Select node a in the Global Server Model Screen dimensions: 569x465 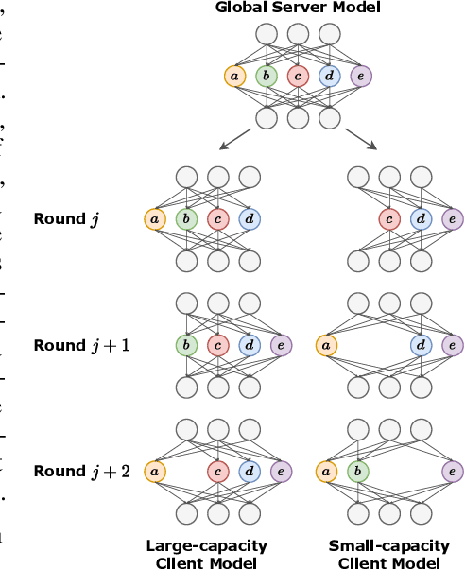(x=233, y=76)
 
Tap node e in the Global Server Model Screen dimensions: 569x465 (x=359, y=76)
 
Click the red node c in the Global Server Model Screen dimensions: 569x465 (x=297, y=76)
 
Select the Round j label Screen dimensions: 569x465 (x=66, y=219)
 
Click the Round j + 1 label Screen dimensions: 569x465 (x=80, y=345)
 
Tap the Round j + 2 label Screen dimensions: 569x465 (x=80, y=470)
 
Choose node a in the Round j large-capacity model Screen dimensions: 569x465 (x=155, y=219)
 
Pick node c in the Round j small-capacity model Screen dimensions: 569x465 (x=389, y=219)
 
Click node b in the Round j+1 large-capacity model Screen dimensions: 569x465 (x=187, y=345)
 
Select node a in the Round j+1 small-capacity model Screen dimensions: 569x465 (x=326, y=345)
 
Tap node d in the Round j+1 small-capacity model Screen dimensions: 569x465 (x=421, y=345)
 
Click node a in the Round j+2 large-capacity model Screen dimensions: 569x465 (x=155, y=470)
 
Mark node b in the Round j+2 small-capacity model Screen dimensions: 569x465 (x=358, y=470)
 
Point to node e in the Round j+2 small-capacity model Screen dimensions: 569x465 (x=452, y=470)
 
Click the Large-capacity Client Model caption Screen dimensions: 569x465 (x=207, y=553)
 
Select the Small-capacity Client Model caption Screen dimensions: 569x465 (x=389, y=553)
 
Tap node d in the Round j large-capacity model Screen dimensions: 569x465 (x=250, y=219)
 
